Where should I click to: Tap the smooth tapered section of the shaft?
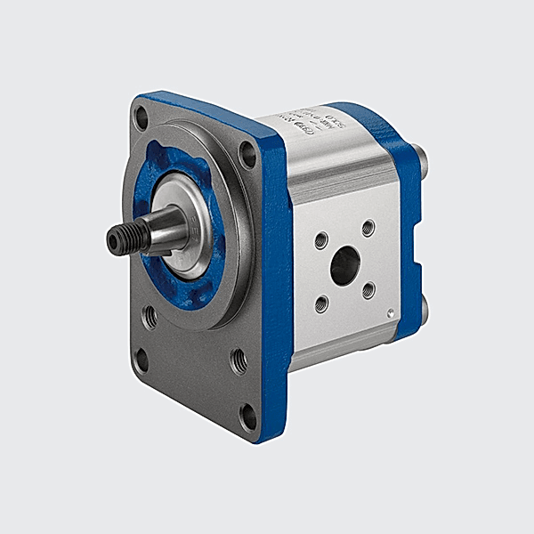[x=165, y=226]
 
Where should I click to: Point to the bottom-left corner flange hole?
[x=141, y=358]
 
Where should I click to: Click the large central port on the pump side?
[x=344, y=264]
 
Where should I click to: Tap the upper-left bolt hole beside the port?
[x=321, y=240]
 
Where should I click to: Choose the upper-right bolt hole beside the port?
[x=368, y=229]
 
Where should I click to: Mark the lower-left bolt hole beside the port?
[x=321, y=303]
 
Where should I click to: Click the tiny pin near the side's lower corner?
[x=390, y=311]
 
